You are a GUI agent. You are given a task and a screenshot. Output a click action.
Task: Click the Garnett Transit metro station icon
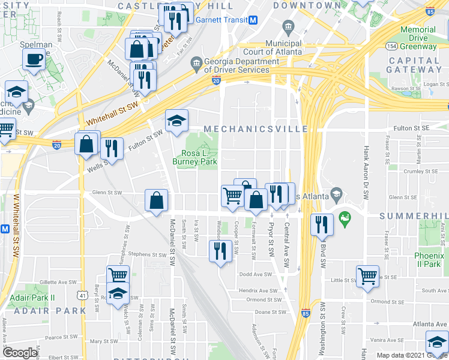253,20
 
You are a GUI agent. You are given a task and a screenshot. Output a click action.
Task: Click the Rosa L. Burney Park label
194,157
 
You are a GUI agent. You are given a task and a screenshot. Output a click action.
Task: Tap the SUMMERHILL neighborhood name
414,215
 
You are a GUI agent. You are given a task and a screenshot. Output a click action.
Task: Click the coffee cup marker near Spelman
34,59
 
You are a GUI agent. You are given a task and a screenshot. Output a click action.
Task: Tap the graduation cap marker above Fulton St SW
176,121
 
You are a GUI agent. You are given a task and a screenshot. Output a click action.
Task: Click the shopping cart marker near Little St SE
367,275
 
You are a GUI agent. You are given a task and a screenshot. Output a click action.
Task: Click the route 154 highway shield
391,46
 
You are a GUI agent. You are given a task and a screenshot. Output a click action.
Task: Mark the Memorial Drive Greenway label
418,38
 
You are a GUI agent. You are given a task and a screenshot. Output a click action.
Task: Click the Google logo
20,353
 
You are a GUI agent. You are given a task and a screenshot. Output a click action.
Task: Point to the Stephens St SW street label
143,254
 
